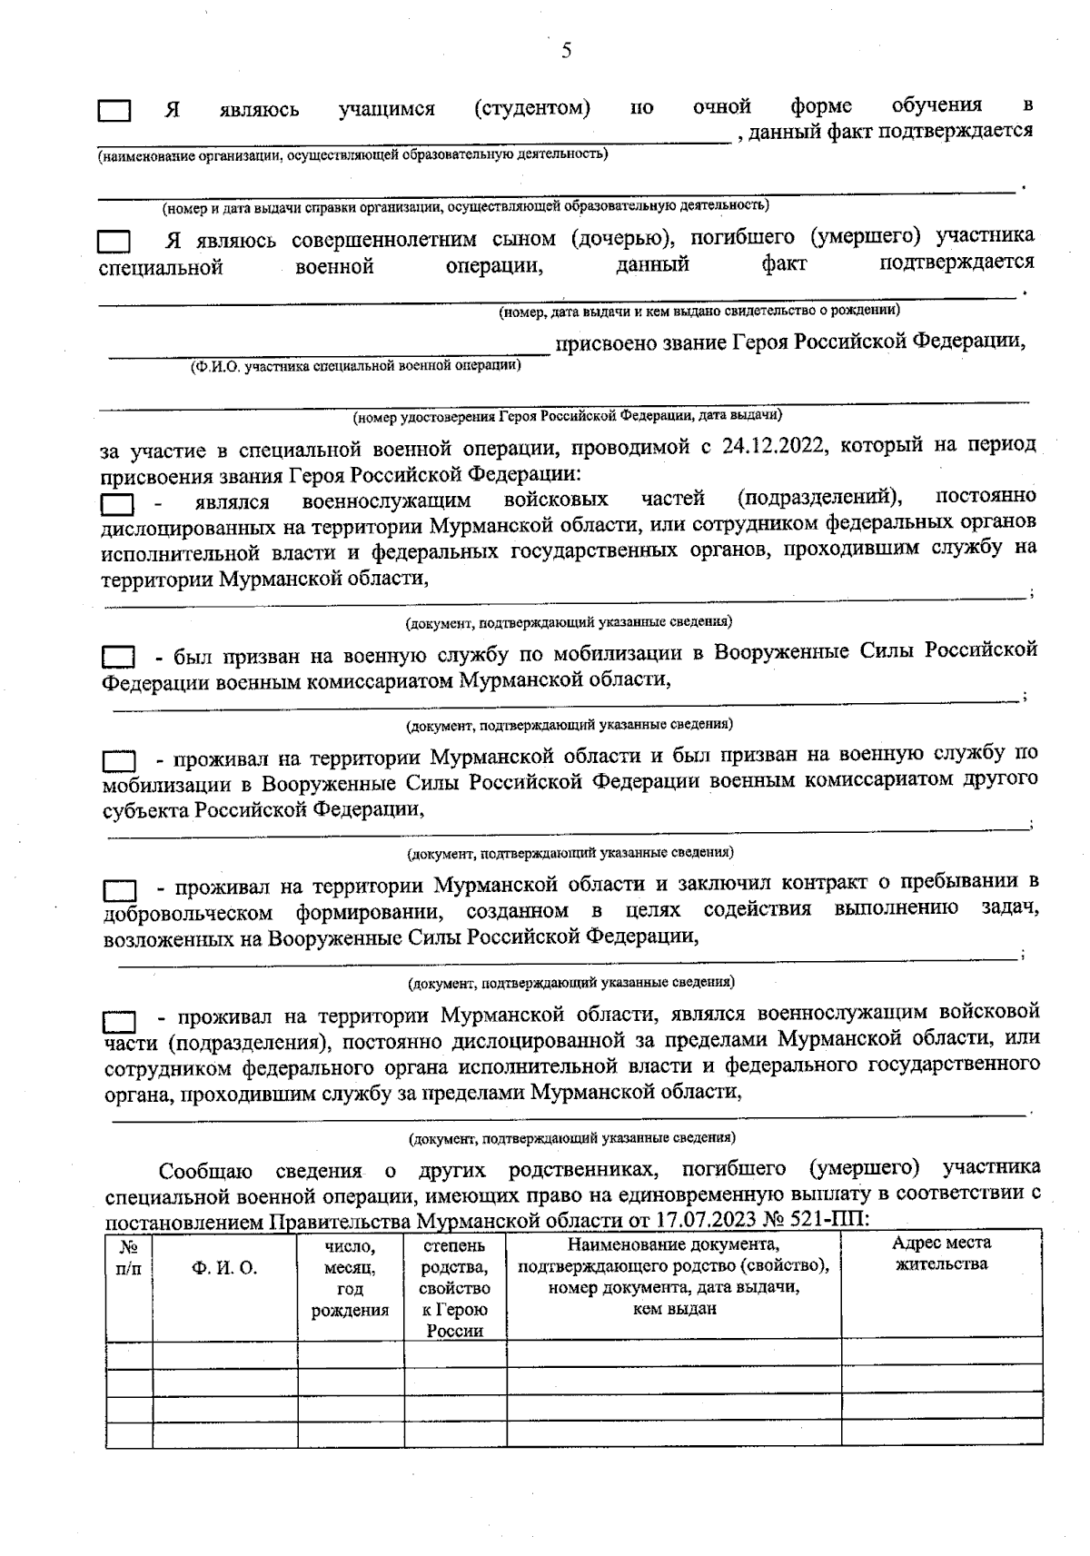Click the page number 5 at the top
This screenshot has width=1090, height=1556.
click(x=566, y=51)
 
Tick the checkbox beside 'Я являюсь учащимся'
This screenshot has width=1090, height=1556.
click(x=114, y=111)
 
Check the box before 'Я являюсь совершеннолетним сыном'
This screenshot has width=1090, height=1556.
click(x=114, y=242)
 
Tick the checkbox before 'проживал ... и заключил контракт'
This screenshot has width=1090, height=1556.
click(x=119, y=887)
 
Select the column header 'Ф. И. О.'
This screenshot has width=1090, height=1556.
click(x=224, y=1268)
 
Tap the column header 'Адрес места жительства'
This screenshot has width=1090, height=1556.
click(x=941, y=1254)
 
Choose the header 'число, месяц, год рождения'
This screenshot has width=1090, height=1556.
click(x=350, y=1277)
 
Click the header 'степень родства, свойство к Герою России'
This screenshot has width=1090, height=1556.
click(x=454, y=1288)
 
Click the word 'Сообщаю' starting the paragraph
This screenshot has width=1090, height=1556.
click(x=206, y=1169)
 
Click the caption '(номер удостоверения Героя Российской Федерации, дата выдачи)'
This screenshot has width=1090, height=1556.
click(x=568, y=416)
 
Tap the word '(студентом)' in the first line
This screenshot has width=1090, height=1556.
click(x=532, y=109)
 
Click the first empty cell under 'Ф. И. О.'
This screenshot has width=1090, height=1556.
click(x=224, y=1353)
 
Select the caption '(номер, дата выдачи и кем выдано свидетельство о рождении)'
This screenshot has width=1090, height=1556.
click(x=699, y=311)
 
